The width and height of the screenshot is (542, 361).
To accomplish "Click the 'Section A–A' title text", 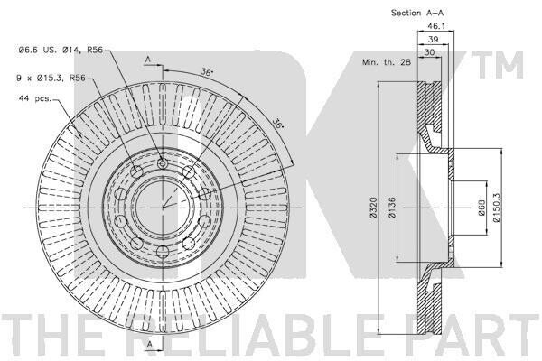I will [417, 14].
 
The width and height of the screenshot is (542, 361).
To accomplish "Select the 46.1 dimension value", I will [435, 27].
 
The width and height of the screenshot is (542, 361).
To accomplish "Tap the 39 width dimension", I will [433, 41].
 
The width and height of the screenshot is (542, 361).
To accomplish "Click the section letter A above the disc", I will [147, 59].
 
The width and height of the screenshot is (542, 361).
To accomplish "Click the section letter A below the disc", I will [147, 347].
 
